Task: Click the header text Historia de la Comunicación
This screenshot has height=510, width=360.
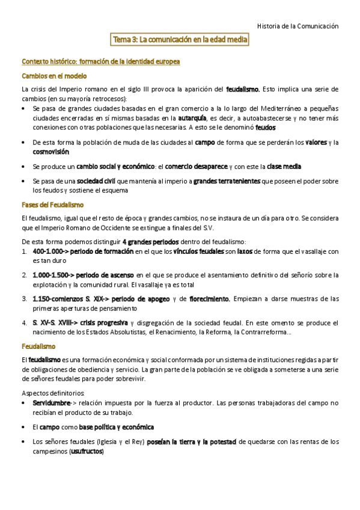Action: (297, 26)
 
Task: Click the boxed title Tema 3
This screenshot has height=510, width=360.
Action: (180, 40)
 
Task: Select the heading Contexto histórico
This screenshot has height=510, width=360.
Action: (100, 62)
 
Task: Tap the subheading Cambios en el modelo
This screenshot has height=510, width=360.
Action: (54, 76)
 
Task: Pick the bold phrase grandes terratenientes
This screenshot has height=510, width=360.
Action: (227, 181)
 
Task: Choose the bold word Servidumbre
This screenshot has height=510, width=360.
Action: (52, 402)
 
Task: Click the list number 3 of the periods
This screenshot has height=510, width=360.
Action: (24, 298)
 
